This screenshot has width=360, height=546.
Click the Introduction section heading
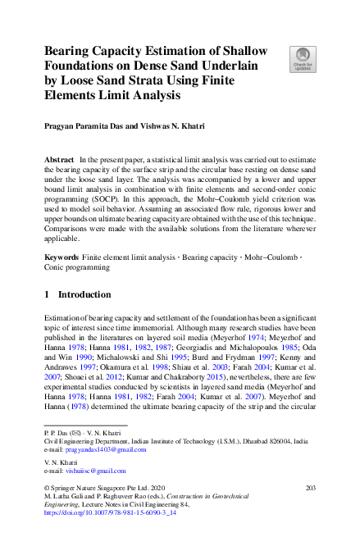84,293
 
